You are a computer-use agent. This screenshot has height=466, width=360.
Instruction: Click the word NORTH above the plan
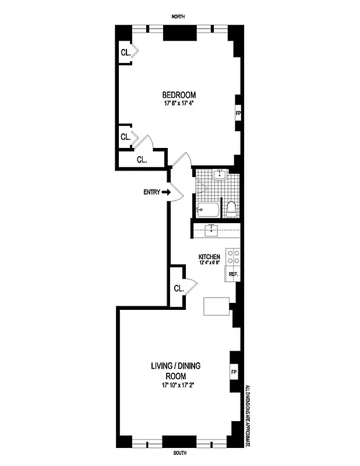point(178,17)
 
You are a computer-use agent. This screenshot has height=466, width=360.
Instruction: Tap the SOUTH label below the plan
point(179,452)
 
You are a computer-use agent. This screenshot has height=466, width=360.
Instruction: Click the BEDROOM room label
point(179,95)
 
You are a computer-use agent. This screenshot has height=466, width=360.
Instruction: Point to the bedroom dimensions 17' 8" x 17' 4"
point(179,104)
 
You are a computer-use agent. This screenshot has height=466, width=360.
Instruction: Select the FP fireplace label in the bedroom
point(238,112)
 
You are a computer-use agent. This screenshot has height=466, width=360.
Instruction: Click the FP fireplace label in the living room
point(234,371)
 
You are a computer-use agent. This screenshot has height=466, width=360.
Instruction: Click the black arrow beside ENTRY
point(166,192)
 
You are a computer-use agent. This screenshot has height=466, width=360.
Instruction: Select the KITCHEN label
point(209,257)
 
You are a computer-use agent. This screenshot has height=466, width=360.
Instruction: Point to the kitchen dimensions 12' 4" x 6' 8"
point(209,264)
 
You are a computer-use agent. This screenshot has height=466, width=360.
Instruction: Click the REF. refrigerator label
point(232,274)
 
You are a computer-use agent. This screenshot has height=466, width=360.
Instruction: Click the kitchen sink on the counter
point(213,231)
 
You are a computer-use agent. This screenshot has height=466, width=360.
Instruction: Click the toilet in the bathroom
point(231,209)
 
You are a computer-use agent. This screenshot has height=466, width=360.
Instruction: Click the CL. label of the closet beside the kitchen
point(179,288)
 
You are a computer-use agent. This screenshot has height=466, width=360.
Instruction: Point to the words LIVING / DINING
point(178,366)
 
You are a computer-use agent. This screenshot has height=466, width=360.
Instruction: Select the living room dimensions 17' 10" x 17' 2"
point(178,385)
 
